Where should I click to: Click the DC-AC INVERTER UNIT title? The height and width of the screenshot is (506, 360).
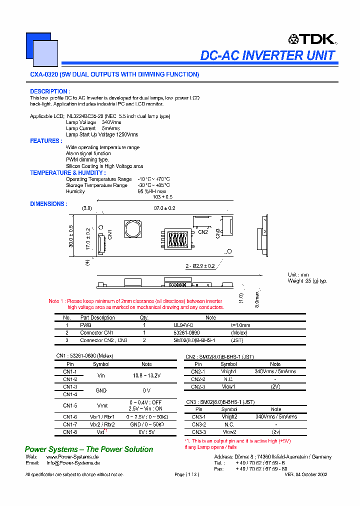(x=267, y=55)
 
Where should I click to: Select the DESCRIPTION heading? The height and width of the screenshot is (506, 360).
(x=49, y=91)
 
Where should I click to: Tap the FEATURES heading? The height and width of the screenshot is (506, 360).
(x=46, y=141)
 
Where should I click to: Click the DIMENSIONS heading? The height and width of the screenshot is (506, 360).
(x=48, y=204)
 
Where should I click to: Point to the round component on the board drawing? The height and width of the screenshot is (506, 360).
(x=133, y=228)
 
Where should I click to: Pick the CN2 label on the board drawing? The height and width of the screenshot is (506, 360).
(x=202, y=232)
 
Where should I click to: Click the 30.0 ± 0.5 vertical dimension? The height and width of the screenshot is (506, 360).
(x=71, y=236)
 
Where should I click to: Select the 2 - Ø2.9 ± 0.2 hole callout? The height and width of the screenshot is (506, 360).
(x=200, y=266)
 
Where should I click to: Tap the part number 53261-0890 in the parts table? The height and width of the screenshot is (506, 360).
(x=186, y=332)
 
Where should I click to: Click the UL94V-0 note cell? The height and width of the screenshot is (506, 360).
(x=183, y=325)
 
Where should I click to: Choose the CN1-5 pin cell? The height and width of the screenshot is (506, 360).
(x=70, y=405)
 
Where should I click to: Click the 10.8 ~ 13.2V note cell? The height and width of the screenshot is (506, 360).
(x=146, y=375)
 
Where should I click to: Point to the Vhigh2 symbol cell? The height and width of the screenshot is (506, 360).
(x=229, y=416)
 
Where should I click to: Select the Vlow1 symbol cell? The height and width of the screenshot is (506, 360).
(x=229, y=386)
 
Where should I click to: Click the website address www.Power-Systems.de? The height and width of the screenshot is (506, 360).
(x=72, y=457)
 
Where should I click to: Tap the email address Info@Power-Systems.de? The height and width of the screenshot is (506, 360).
(x=72, y=463)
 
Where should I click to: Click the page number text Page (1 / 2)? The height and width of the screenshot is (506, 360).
(x=186, y=474)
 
